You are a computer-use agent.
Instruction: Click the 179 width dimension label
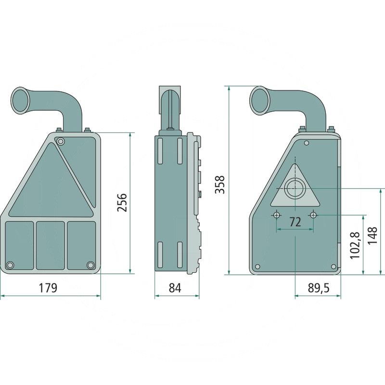(48, 288)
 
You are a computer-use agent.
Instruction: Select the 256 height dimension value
(122, 203)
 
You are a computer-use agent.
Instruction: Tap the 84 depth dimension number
(175, 288)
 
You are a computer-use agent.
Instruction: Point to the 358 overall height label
(220, 185)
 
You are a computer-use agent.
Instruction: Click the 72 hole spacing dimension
(295, 222)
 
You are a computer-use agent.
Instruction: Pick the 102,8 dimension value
(355, 245)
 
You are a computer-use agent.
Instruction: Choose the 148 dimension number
(372, 235)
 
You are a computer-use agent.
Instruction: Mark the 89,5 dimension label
(319, 288)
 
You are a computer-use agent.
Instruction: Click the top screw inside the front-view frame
(60, 141)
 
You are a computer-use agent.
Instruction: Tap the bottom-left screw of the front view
(10, 265)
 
